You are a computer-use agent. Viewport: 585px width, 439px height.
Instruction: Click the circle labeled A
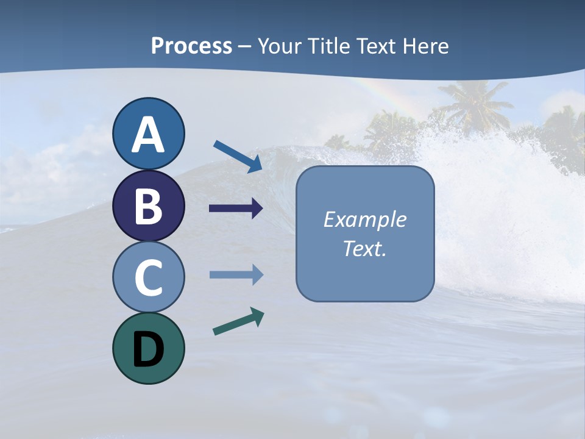[x=148, y=134]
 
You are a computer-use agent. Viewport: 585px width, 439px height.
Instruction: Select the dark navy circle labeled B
[x=148, y=205]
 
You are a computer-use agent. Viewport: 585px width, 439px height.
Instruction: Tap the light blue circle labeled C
[x=148, y=277]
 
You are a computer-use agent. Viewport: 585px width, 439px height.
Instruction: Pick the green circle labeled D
[x=148, y=348]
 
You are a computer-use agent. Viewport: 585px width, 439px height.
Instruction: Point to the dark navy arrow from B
[x=236, y=209]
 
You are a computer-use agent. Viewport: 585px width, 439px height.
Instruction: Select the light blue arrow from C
[x=236, y=275]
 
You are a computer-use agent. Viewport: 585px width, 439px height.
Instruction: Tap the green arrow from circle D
[x=238, y=321]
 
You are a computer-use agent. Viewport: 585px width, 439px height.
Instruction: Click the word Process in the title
[x=191, y=46]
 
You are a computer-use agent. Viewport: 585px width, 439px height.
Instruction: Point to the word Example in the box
[x=364, y=220]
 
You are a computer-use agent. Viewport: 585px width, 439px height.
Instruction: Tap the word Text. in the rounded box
[x=364, y=248]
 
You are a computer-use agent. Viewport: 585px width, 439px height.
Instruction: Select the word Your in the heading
[x=278, y=46]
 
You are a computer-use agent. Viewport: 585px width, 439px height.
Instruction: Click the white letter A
[x=148, y=135]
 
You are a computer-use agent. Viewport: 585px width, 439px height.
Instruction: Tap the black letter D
[x=148, y=349]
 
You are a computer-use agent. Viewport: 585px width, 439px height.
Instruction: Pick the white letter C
[x=148, y=277]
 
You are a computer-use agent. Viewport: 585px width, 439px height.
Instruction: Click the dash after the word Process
[x=245, y=47]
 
